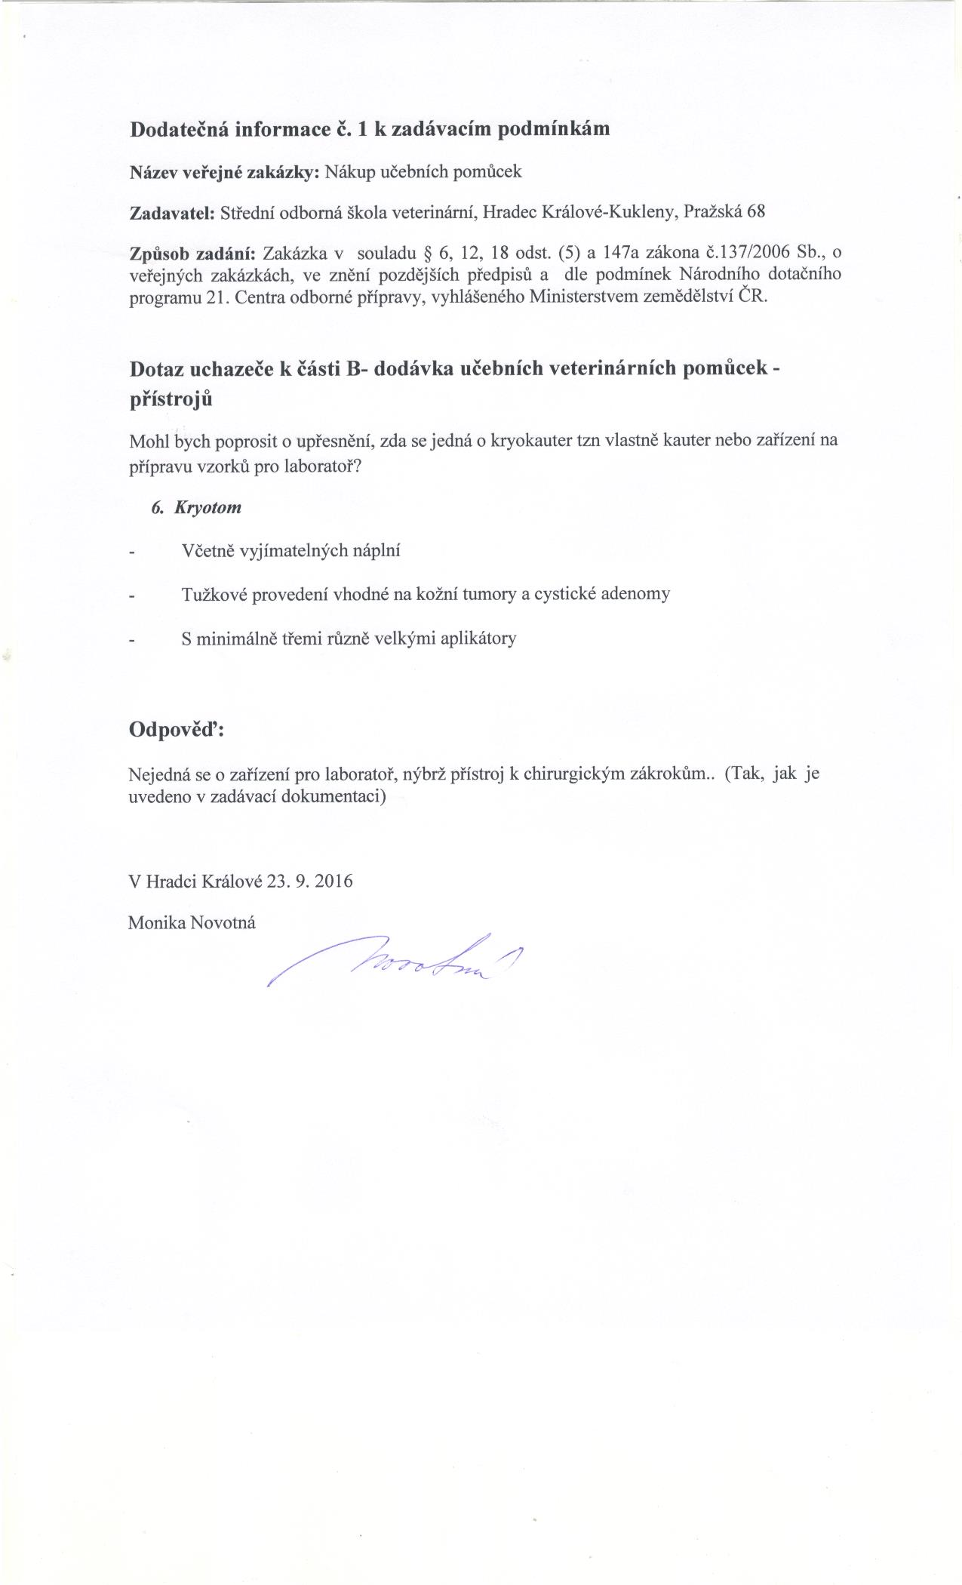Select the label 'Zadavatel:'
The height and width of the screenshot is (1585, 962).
pos(173,212)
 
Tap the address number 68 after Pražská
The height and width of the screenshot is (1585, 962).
pos(756,211)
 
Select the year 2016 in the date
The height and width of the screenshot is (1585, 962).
pos(333,881)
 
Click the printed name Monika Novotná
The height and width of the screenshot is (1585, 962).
pos(192,922)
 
